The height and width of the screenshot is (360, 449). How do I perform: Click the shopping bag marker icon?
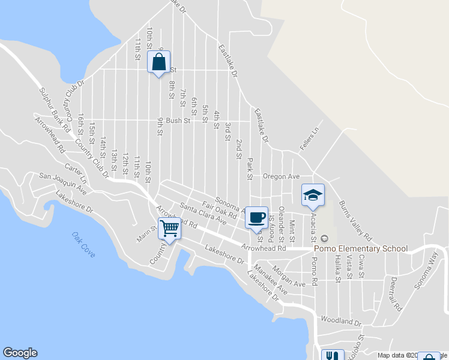tap(158, 62)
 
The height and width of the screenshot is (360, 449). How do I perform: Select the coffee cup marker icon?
tap(257, 218)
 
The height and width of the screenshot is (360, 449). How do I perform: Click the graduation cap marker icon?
tap(313, 195)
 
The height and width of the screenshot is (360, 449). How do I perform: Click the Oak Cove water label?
tap(83, 245)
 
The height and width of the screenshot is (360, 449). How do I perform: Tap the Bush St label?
tap(178, 121)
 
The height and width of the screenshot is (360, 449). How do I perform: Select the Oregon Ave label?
tap(281, 176)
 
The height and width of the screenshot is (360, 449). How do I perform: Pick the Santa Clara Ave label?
tap(203, 214)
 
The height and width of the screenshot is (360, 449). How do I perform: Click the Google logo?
tap(20, 353)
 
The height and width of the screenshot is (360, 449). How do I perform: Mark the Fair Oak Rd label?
tap(220, 209)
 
